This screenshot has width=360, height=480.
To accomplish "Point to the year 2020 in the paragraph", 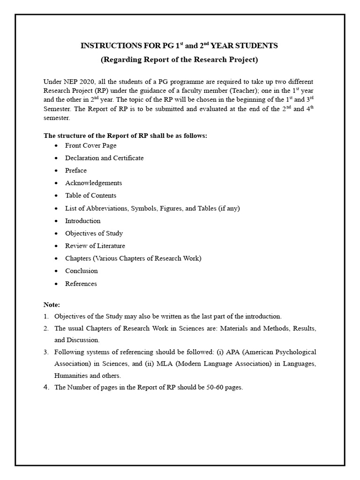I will (89, 82).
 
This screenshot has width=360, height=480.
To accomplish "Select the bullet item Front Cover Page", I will (90, 145).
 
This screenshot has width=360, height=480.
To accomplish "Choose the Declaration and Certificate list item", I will (104, 158).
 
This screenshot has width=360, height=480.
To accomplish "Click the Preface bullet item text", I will (76, 171).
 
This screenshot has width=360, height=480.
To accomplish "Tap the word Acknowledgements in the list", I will (93, 183).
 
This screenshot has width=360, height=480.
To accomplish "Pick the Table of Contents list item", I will (90, 195).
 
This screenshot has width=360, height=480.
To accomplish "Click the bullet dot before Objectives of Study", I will (56, 233).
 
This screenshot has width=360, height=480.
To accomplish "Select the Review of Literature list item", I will (95, 246).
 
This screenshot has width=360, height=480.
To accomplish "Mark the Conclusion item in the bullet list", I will (81, 271).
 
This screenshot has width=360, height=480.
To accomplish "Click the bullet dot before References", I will (56, 284).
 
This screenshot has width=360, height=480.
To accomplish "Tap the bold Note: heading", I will (52, 305).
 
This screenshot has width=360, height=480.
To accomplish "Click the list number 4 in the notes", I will (46, 388).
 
